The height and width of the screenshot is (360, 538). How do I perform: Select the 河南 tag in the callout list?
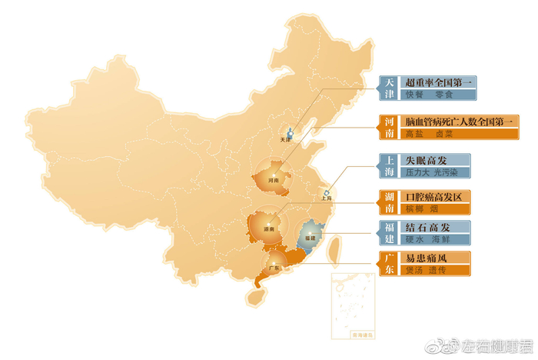click(390, 127)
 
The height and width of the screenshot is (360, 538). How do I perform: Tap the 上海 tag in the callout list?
click(390, 168)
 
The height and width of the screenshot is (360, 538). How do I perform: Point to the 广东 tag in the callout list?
click(390, 263)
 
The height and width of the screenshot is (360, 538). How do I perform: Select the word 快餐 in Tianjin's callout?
click(414, 95)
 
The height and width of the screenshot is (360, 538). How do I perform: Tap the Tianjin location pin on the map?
click(290, 133)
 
